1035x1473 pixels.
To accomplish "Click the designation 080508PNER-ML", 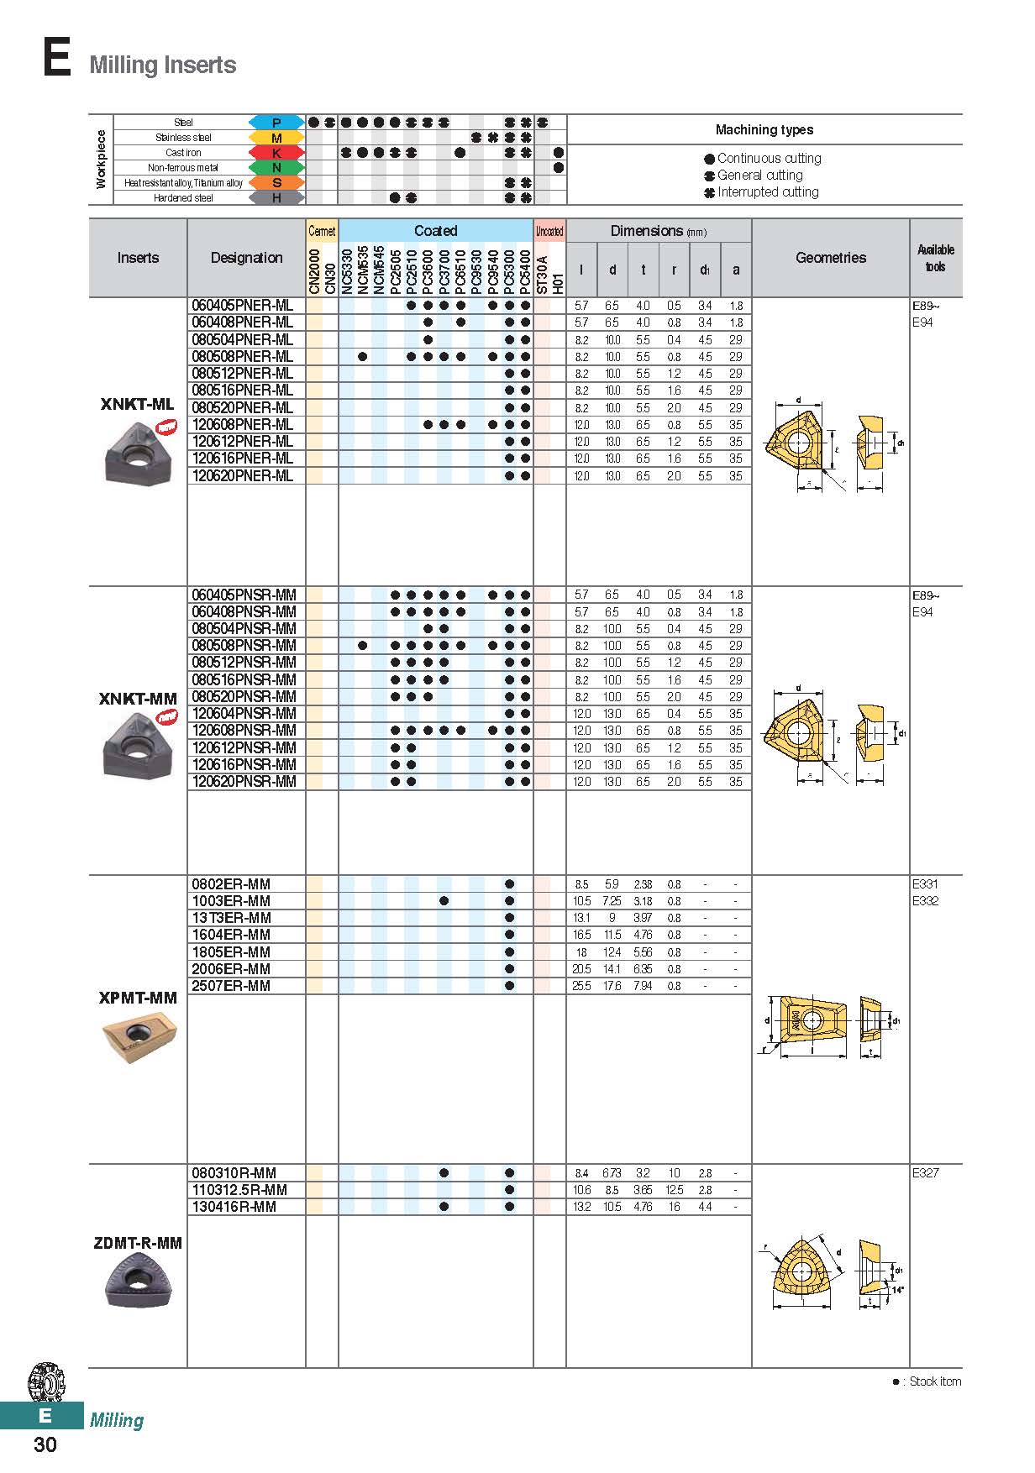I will coord(243,357).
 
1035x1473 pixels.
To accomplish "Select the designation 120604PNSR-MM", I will coord(244,714).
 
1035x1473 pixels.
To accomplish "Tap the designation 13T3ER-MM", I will coord(232,918).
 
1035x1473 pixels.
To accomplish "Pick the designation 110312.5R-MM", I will coord(239,1190).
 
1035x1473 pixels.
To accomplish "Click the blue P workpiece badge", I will coord(276,123).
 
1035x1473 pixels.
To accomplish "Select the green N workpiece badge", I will coord(276,168).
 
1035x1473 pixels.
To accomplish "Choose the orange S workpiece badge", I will coord(276,183).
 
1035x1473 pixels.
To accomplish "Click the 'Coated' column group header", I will coord(435,231).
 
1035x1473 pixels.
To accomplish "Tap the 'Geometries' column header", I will coord(830,258).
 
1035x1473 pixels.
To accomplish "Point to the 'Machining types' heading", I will coord(764,129).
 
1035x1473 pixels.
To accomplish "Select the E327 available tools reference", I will coord(925,1173).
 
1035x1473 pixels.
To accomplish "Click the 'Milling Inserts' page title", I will coord(163,65).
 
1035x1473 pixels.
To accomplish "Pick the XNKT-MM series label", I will coord(138,699).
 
